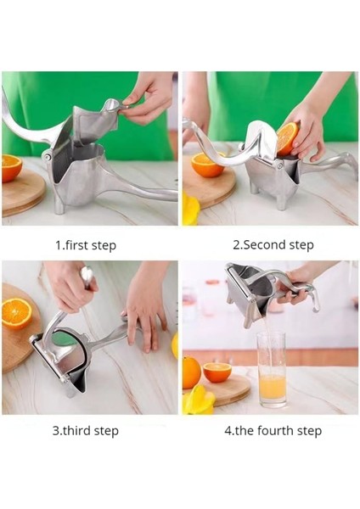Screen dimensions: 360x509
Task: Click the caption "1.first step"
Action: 86,245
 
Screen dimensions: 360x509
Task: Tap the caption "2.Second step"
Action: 273,245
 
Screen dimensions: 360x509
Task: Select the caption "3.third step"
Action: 86,431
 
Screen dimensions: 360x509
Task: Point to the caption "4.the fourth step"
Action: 273,431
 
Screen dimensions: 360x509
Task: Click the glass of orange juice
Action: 273,370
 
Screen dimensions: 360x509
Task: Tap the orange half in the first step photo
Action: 12,168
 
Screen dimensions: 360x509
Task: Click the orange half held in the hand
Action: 287,137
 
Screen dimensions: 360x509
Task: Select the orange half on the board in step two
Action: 207,165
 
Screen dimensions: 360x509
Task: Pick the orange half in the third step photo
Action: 16,314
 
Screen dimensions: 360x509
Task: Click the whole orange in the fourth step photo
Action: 191,372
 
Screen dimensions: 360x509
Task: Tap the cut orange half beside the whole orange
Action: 217,372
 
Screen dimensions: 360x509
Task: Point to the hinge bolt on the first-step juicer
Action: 48,157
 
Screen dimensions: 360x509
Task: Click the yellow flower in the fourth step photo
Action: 198,400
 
